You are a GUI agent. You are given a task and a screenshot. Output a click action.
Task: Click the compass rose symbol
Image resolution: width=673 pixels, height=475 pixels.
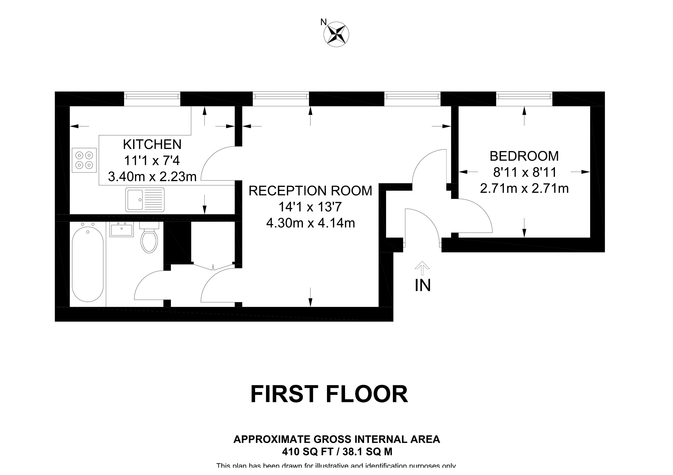point(336,34)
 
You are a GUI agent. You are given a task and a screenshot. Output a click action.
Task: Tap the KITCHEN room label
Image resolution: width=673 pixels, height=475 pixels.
point(152,144)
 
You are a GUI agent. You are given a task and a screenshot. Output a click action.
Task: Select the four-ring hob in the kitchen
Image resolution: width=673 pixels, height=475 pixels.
point(84,160)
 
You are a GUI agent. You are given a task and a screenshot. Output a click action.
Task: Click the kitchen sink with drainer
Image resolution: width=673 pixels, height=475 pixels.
point(145,200)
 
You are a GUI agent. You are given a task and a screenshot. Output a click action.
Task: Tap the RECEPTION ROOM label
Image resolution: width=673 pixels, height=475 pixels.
point(310,191)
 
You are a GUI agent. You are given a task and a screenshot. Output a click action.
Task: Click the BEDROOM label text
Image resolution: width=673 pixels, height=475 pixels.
point(524,156)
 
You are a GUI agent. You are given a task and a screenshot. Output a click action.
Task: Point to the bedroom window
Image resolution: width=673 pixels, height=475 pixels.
point(524,97)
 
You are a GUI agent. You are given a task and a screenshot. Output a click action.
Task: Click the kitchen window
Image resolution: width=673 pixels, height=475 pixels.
point(152,97)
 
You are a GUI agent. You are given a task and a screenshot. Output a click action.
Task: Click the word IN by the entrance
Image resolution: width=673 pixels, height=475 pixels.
point(423,286)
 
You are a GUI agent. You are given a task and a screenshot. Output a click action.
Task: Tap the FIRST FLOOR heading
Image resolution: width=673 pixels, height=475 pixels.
point(329,394)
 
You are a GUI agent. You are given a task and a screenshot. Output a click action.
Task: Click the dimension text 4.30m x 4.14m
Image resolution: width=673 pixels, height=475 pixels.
point(310,223)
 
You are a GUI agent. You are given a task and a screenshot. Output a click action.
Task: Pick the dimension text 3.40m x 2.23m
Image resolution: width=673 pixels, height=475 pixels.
point(152,177)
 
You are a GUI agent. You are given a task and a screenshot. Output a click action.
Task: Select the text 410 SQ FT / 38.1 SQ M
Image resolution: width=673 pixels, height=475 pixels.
point(337,451)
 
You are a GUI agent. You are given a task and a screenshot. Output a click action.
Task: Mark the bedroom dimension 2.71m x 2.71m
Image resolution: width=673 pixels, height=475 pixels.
point(524,188)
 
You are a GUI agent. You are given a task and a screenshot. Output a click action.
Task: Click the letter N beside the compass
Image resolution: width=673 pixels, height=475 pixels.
point(323,22)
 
